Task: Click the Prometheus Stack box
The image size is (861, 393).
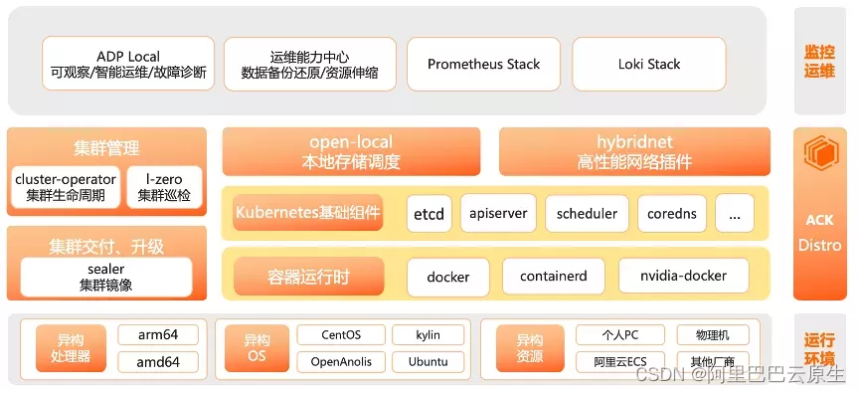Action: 483,65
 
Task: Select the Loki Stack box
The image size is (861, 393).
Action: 649,65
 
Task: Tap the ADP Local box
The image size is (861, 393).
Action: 128,65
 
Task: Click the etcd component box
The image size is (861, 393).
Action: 430,213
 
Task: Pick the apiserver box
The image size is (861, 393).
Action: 499,213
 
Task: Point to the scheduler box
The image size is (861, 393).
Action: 587,213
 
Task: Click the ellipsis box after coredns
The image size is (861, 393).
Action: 734,213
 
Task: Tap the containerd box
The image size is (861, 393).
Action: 553,276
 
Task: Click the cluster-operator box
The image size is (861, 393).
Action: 66,187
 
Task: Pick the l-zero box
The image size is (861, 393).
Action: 163,187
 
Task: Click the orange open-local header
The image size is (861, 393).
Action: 351,151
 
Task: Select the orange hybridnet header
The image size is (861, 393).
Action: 633,151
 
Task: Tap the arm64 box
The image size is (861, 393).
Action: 158,335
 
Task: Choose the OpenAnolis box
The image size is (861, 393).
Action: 337,361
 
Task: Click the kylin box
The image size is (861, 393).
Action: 428,335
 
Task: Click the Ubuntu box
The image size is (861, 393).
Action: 428,361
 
